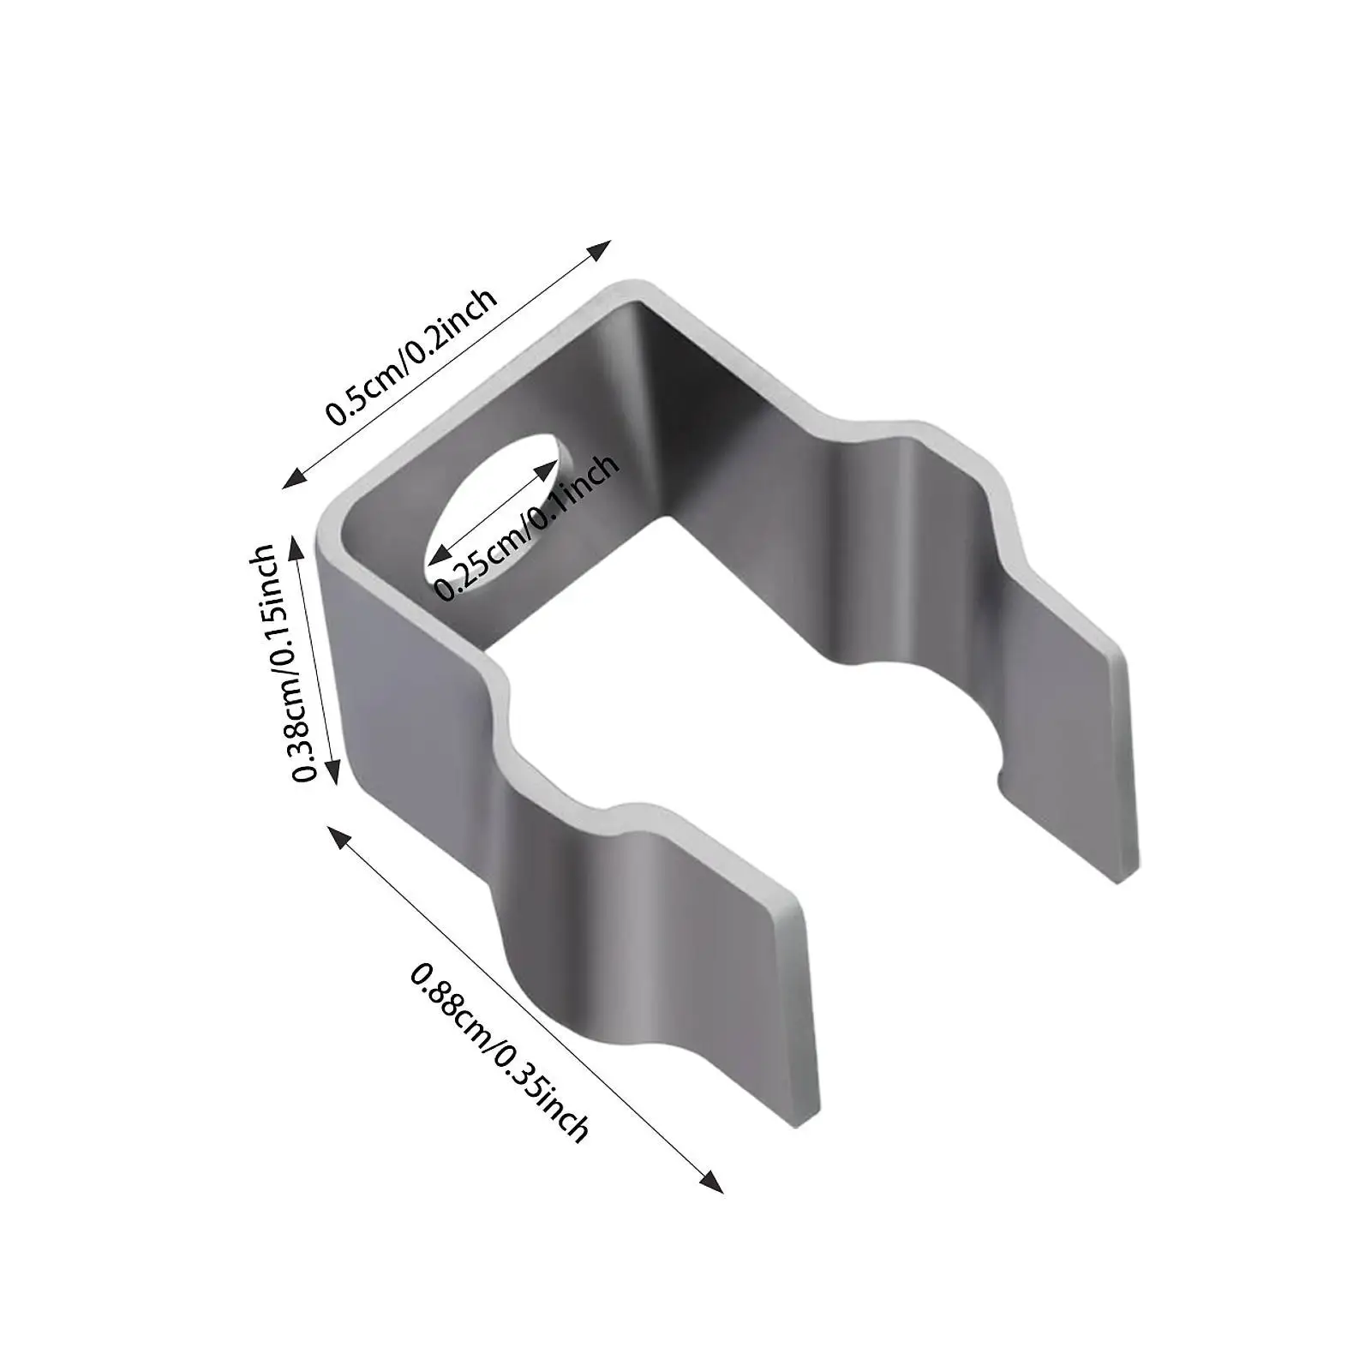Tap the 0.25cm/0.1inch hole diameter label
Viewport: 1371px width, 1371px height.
point(525,527)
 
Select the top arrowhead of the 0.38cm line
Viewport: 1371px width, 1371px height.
point(296,546)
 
